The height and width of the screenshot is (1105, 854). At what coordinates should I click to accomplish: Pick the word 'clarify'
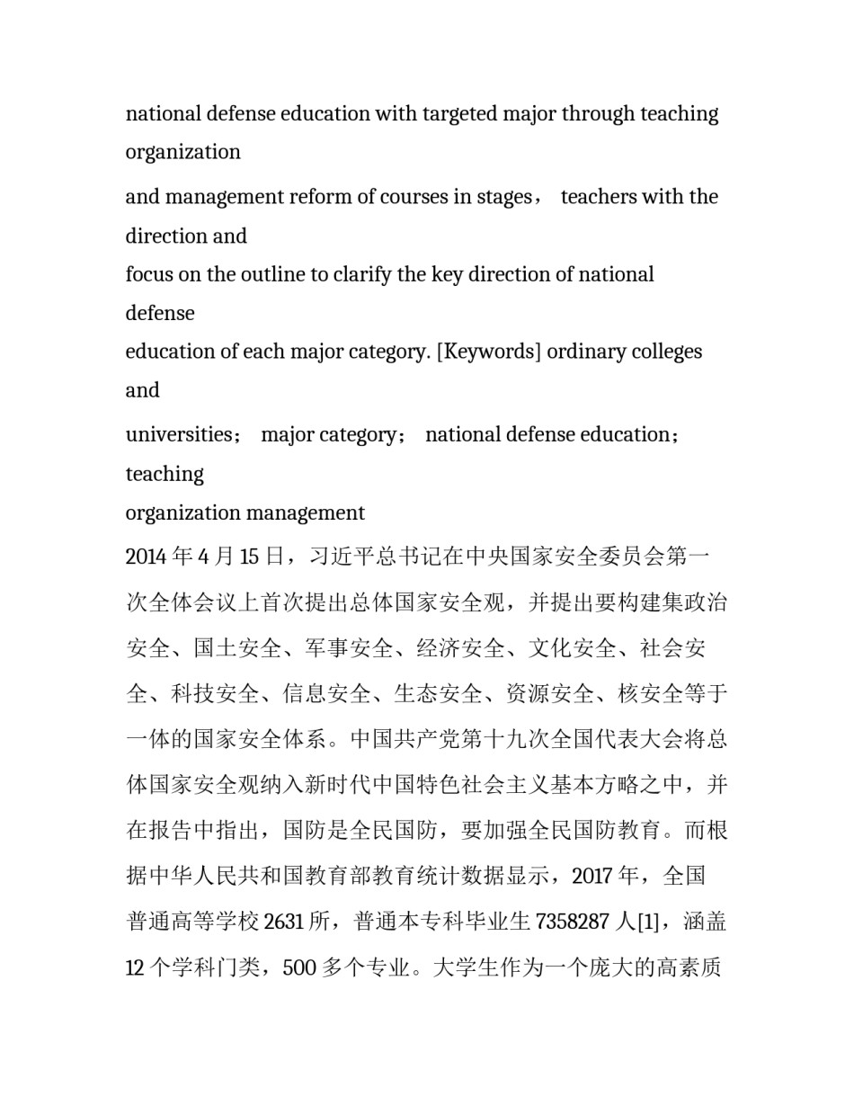pyautogui.click(x=362, y=274)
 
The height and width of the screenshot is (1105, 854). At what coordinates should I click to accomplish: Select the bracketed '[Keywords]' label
pyautogui.click(x=488, y=352)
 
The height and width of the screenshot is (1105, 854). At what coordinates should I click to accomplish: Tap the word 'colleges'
pyautogui.click(x=666, y=352)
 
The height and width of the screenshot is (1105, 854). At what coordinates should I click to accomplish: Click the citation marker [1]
pyautogui.click(x=654, y=922)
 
